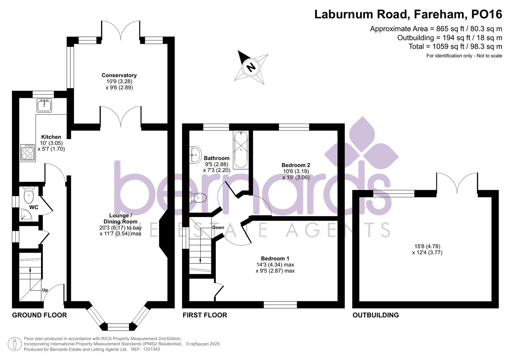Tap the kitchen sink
44,105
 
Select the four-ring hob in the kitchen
28,153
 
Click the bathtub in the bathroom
241,150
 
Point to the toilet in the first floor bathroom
198,198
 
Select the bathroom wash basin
195,155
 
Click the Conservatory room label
119,76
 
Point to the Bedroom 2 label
295,165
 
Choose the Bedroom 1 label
275,258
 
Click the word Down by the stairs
218,228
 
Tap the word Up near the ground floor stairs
45,290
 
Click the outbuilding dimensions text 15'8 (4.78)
427,246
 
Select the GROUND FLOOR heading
39,315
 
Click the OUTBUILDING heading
375,315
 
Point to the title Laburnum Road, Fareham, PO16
408,14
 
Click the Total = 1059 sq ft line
455,46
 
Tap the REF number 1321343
151,349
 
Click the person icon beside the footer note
14,344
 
